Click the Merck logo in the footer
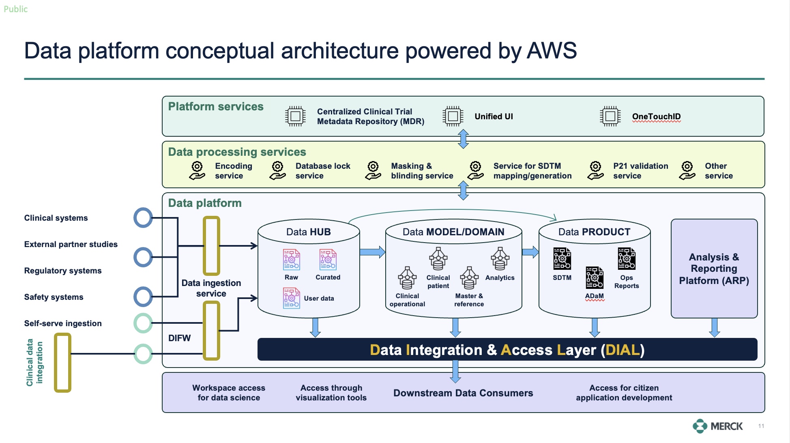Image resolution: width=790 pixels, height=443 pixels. click(717, 426)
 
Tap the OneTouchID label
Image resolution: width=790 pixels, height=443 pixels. click(656, 117)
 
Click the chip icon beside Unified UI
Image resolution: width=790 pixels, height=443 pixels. click(453, 116)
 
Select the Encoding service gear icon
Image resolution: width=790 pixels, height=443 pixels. click(197, 171)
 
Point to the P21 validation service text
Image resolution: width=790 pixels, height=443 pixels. click(640, 171)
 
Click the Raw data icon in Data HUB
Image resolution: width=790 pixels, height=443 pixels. click(291, 260)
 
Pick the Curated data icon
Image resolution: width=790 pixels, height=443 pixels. click(328, 260)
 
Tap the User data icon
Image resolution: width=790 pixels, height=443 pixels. click(291, 298)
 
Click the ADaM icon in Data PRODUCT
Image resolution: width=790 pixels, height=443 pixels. click(594, 277)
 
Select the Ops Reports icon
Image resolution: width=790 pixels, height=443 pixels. click(626, 259)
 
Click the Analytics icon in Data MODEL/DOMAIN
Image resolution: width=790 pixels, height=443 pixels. click(500, 259)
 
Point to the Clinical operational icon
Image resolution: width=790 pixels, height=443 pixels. click(407, 278)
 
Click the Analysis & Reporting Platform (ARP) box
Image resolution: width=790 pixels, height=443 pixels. click(714, 269)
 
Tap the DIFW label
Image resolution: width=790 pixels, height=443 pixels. click(179, 338)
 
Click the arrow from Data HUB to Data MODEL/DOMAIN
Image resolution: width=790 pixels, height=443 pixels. click(372, 252)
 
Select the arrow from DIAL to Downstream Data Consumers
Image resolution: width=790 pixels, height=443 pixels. click(455, 371)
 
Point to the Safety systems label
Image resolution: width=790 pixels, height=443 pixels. click(54, 297)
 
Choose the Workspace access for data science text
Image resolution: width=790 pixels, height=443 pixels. click(229, 393)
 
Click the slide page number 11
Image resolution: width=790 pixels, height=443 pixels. click(761, 426)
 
